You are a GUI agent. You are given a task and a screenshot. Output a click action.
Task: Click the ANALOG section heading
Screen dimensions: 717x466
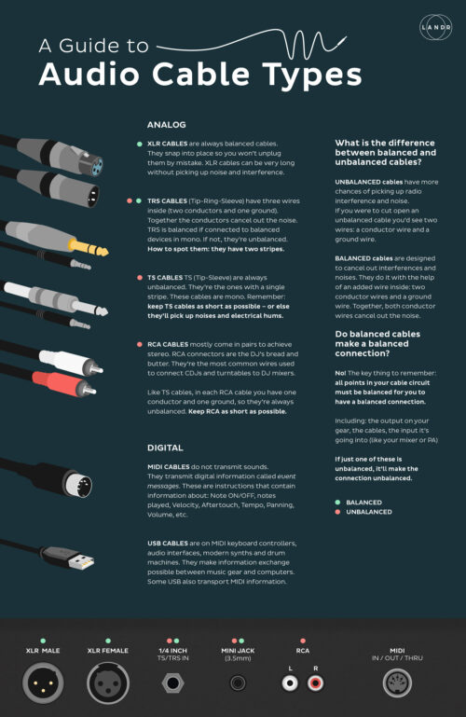167,124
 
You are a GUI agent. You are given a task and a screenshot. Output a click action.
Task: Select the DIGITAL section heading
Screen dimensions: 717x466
166,447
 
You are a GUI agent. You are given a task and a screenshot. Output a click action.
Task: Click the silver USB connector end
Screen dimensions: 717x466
79,562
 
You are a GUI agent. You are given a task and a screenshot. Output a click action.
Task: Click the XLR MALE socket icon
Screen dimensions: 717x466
43,683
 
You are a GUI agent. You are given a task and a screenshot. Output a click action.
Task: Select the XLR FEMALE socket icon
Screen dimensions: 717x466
106,683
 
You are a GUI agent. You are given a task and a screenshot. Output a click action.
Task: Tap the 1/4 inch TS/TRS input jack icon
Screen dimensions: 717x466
171,683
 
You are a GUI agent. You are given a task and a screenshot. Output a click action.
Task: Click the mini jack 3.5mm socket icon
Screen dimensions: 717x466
238,683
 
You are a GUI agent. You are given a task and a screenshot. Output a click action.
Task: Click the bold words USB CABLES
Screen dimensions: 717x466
169,543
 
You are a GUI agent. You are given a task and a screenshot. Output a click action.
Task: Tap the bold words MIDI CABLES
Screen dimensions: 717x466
169,465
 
